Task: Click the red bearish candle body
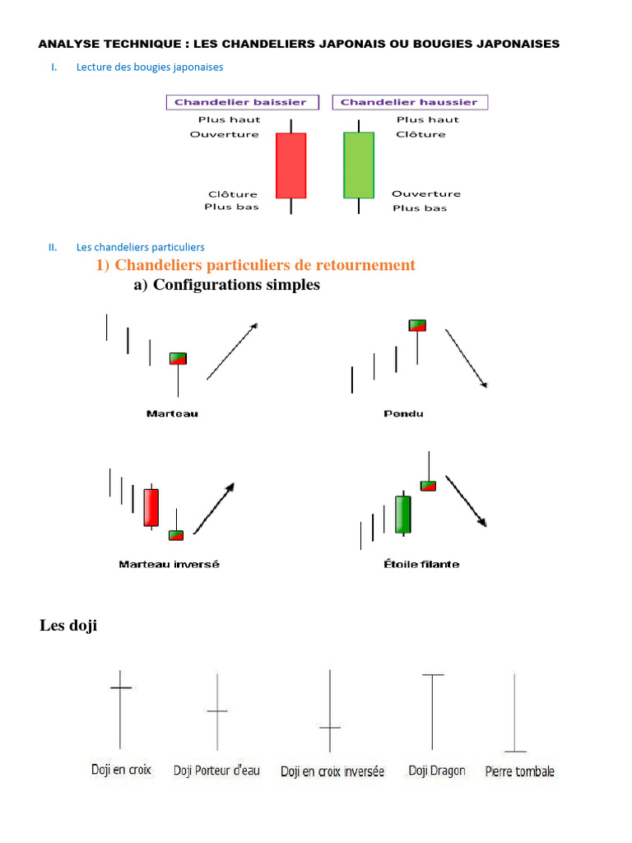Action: pos(290,165)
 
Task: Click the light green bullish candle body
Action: pos(358,165)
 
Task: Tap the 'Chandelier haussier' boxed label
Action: pos(409,102)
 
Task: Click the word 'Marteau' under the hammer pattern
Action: pos(172,413)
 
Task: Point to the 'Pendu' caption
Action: pos(403,413)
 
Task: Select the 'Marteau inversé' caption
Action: pos(170,565)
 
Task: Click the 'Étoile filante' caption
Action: pos(421,565)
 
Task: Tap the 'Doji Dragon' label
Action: pos(437,771)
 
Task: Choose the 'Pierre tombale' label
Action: pos(520,772)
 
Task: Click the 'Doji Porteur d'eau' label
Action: pos(216,771)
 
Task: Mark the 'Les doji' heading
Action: pos(68,626)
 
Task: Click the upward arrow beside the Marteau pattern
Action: pos(231,352)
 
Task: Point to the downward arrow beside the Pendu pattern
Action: pos(466,358)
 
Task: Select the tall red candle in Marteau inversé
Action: pos(151,507)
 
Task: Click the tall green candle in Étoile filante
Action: pos(402,515)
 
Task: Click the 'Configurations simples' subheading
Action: pos(226,285)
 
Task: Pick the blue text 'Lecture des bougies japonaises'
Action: pos(150,67)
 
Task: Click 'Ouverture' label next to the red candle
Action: pos(224,134)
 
